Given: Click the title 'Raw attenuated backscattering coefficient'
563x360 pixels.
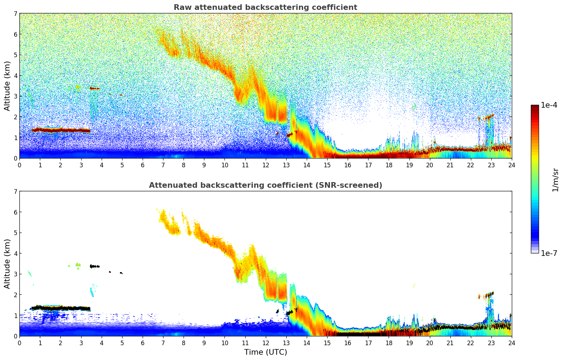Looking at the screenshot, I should tap(265, 7).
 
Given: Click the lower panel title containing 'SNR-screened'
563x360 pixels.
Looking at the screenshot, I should tap(265, 185).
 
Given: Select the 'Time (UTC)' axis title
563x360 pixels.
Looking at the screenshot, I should tap(265, 352).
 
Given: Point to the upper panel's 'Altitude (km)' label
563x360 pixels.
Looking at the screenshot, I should tap(7, 86).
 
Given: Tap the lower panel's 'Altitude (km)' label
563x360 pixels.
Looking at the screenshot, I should tap(7, 264).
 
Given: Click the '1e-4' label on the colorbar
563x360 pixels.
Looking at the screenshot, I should tap(549, 105).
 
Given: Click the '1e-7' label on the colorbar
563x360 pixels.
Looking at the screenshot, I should tap(549, 253).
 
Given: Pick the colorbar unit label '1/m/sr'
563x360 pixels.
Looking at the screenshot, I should tap(555, 179).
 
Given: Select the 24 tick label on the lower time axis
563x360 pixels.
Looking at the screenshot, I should tap(511, 343).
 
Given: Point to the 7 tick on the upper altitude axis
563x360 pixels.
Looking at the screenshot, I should tap(16, 14).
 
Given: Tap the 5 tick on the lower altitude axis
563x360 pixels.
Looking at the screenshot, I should tap(16, 233).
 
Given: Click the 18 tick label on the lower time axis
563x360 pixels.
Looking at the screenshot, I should tap(389, 343).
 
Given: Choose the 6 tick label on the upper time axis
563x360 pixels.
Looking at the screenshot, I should tap(143, 165).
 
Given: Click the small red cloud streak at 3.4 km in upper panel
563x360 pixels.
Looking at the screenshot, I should tap(95, 89).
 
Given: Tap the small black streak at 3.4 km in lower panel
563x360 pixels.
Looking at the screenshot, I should tap(95, 266).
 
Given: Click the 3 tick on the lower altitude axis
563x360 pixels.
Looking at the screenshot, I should tap(16, 274).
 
